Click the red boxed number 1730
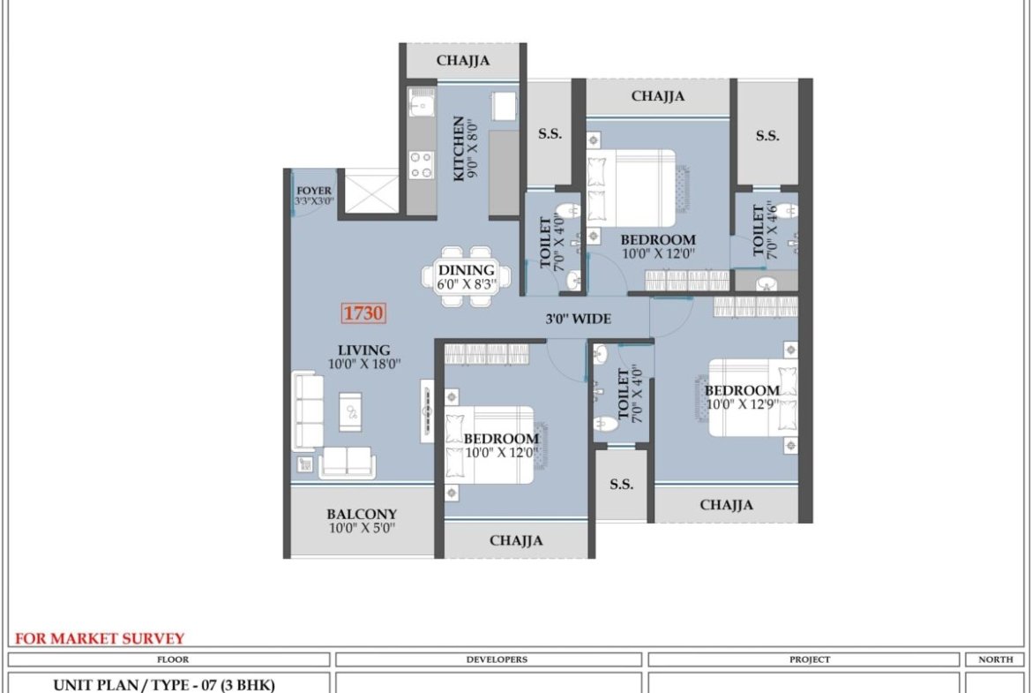tap(363, 313)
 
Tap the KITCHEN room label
tap(459, 148)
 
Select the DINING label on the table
tap(466, 270)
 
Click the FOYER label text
tap(314, 191)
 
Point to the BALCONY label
tap(362, 514)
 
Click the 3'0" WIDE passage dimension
tap(578, 319)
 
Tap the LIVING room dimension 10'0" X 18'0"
tap(364, 364)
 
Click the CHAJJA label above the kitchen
tap(463, 61)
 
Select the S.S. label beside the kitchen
tap(550, 133)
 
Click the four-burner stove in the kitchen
tap(422, 165)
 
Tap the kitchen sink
tap(422, 102)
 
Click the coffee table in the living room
tap(350, 411)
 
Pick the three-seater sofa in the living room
tap(307, 411)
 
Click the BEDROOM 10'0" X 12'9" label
tap(742, 397)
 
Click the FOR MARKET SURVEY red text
tap(100, 638)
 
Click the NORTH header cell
tap(995, 659)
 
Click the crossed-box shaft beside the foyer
tap(372, 191)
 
